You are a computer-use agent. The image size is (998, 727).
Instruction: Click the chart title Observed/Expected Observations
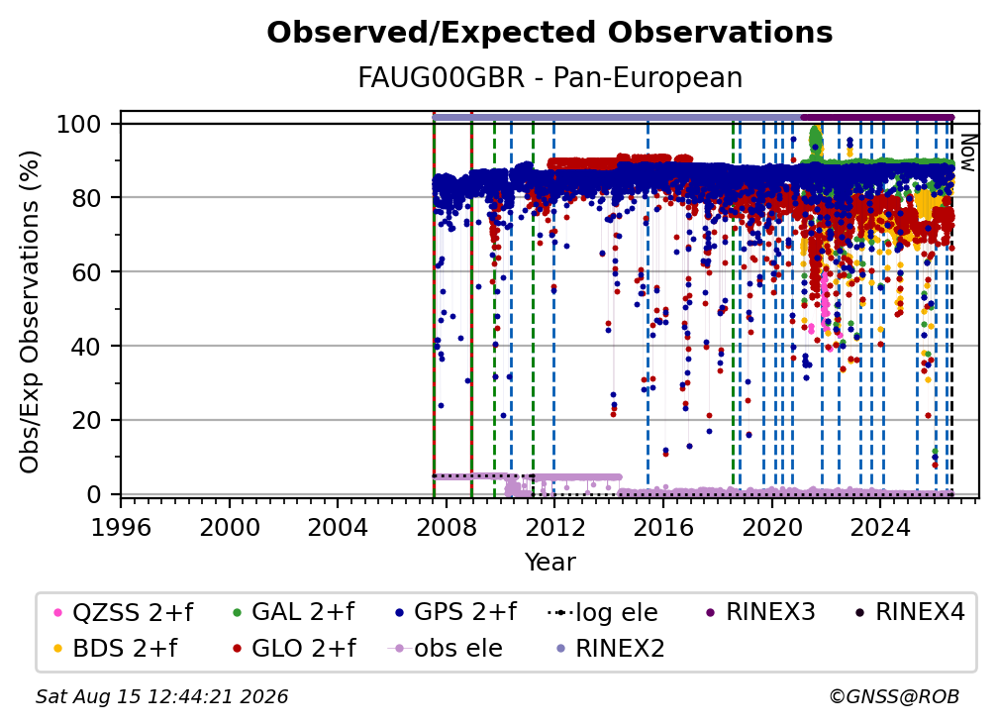(549, 32)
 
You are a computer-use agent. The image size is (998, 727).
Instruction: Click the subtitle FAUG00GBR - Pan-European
(549, 77)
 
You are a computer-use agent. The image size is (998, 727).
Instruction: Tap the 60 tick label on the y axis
(86, 271)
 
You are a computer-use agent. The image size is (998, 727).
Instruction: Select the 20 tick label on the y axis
(86, 420)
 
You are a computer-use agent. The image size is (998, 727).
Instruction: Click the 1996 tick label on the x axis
(121, 527)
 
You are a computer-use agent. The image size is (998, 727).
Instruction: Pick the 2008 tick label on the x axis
(447, 527)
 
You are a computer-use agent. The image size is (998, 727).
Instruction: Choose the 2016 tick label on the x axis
(663, 527)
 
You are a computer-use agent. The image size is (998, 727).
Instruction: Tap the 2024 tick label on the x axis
(880, 527)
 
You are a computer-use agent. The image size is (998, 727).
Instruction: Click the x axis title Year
(549, 563)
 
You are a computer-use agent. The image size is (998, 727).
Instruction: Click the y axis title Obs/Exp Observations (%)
(30, 312)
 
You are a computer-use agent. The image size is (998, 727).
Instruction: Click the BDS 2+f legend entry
(116, 648)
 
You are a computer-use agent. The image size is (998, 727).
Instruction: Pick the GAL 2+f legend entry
(293, 612)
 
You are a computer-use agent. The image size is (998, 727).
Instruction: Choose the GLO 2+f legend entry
(294, 648)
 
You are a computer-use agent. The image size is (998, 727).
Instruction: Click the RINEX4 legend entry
(910, 612)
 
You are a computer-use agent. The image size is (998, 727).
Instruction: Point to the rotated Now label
(967, 153)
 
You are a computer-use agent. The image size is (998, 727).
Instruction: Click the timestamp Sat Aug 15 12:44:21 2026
(161, 696)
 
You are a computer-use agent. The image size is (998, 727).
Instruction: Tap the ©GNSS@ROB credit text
(894, 696)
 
